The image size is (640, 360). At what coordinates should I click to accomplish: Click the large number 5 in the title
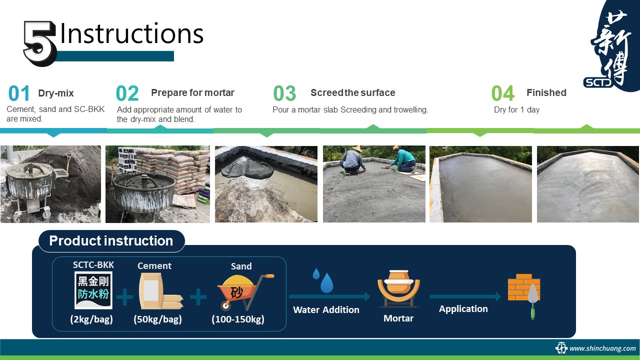click(x=39, y=43)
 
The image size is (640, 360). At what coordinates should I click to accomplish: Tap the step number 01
click(x=19, y=93)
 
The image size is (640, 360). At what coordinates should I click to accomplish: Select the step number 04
click(x=503, y=93)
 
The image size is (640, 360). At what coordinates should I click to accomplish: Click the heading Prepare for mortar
click(x=192, y=92)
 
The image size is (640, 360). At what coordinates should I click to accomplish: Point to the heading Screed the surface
click(x=353, y=92)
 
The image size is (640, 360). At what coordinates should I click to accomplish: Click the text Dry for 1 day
click(x=516, y=109)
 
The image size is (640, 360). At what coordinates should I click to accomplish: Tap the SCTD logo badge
click(x=598, y=82)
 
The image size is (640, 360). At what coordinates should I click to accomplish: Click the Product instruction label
click(x=111, y=241)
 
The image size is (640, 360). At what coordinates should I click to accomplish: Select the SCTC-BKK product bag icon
click(x=93, y=290)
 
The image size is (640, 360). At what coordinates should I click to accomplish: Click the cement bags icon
click(x=161, y=291)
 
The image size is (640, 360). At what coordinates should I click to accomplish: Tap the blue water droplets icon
click(x=323, y=280)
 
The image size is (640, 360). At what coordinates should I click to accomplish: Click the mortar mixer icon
click(x=399, y=288)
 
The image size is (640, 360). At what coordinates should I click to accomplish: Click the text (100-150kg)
click(x=238, y=319)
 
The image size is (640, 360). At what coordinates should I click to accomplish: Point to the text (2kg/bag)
click(x=91, y=319)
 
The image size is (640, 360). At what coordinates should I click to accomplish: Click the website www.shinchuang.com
click(x=602, y=348)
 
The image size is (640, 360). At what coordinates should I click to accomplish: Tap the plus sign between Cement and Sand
click(x=198, y=297)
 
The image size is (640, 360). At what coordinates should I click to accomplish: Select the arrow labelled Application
click(x=465, y=296)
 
